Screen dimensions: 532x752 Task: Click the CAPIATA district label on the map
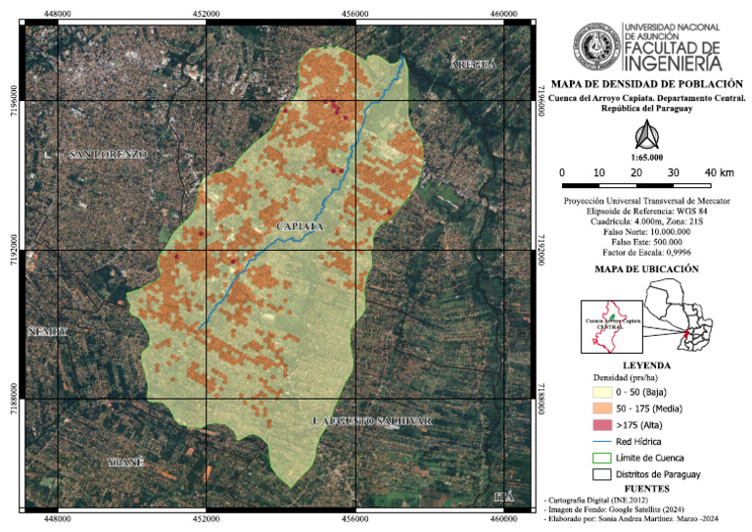(x=301, y=227)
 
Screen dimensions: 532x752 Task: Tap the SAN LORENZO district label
(x=108, y=155)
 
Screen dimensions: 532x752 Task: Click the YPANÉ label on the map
(x=125, y=460)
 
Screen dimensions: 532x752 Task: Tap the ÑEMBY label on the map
(x=50, y=332)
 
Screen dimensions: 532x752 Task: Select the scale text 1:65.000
(x=646, y=157)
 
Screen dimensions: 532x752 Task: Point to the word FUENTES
(x=647, y=487)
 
